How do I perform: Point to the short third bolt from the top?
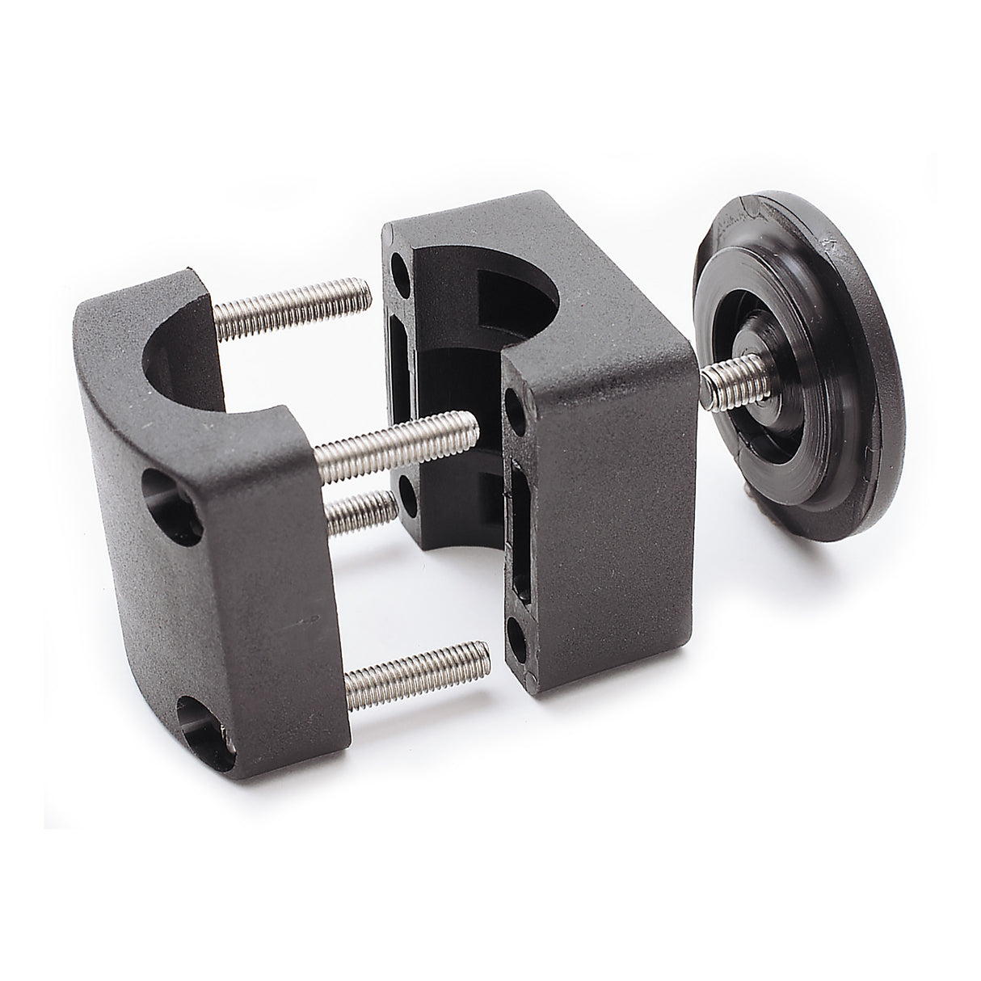[x=364, y=509]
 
